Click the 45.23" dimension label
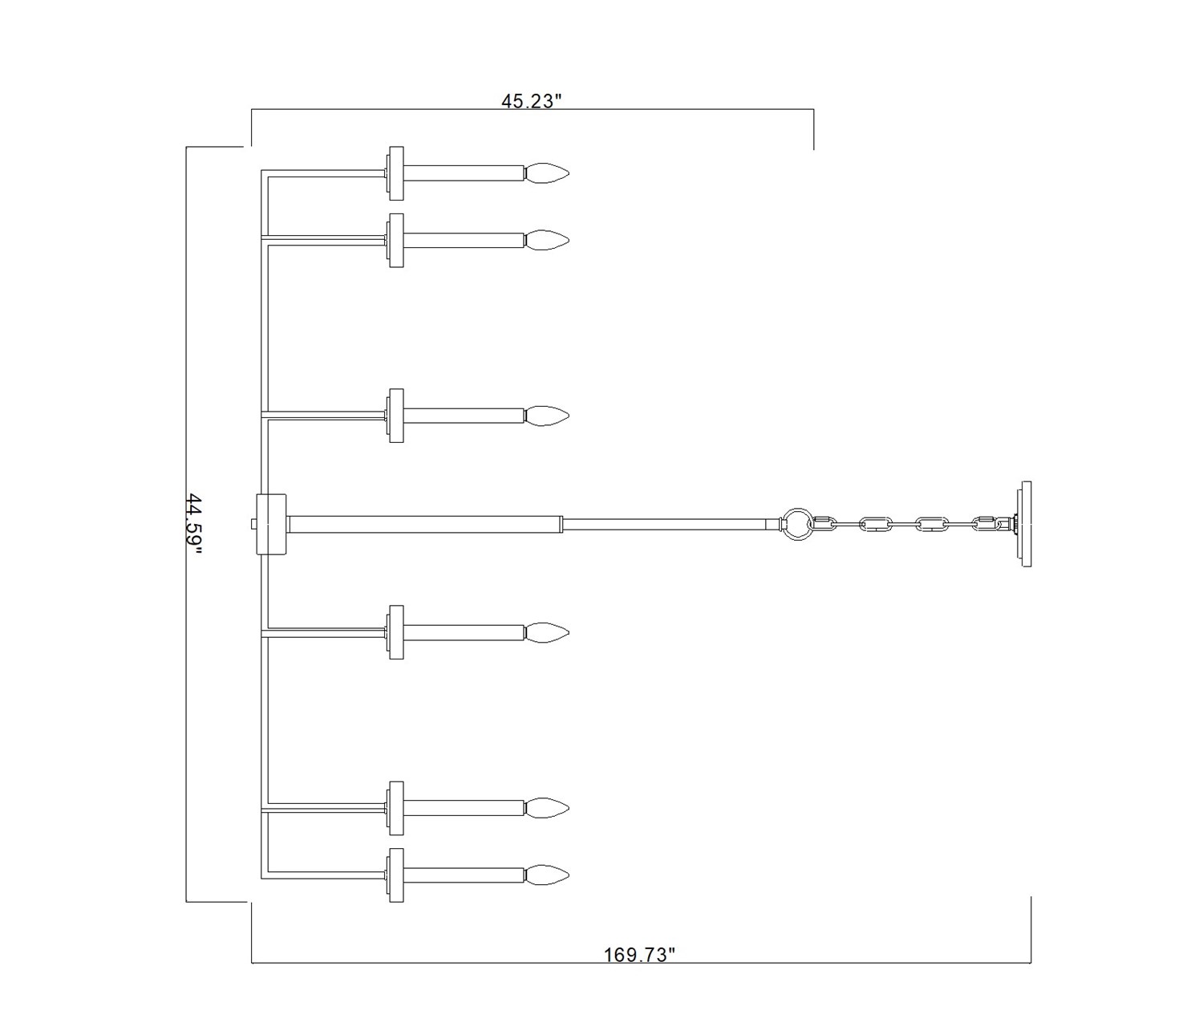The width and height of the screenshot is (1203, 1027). point(532,101)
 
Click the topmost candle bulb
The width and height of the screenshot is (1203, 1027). point(546,173)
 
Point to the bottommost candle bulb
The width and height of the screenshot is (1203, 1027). point(546,875)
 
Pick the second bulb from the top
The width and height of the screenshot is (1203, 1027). point(546,241)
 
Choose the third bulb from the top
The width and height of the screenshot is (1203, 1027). point(546,416)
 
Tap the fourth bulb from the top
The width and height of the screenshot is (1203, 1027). point(546,632)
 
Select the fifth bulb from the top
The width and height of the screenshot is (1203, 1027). point(546,807)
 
